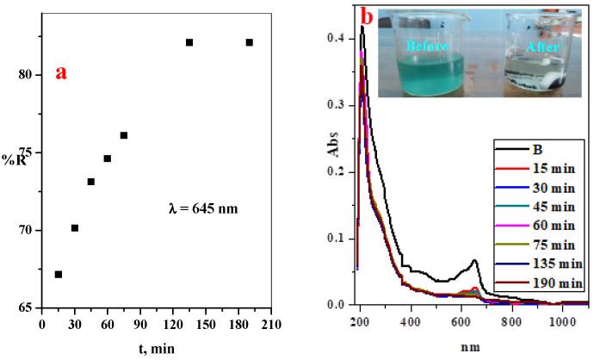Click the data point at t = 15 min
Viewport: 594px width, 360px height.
59,275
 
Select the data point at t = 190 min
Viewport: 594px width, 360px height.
250,42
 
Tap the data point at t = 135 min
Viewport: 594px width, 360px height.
189,42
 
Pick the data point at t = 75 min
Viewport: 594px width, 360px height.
124,135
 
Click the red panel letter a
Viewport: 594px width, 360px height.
61,72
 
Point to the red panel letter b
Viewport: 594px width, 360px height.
343,16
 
